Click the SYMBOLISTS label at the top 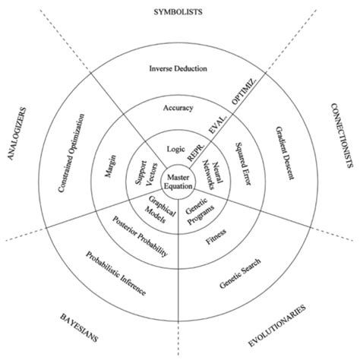pyautogui.click(x=180, y=12)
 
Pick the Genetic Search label pyautogui.click(x=242, y=274)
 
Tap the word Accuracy pyautogui.click(x=178, y=108)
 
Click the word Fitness pyautogui.click(x=216, y=242)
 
